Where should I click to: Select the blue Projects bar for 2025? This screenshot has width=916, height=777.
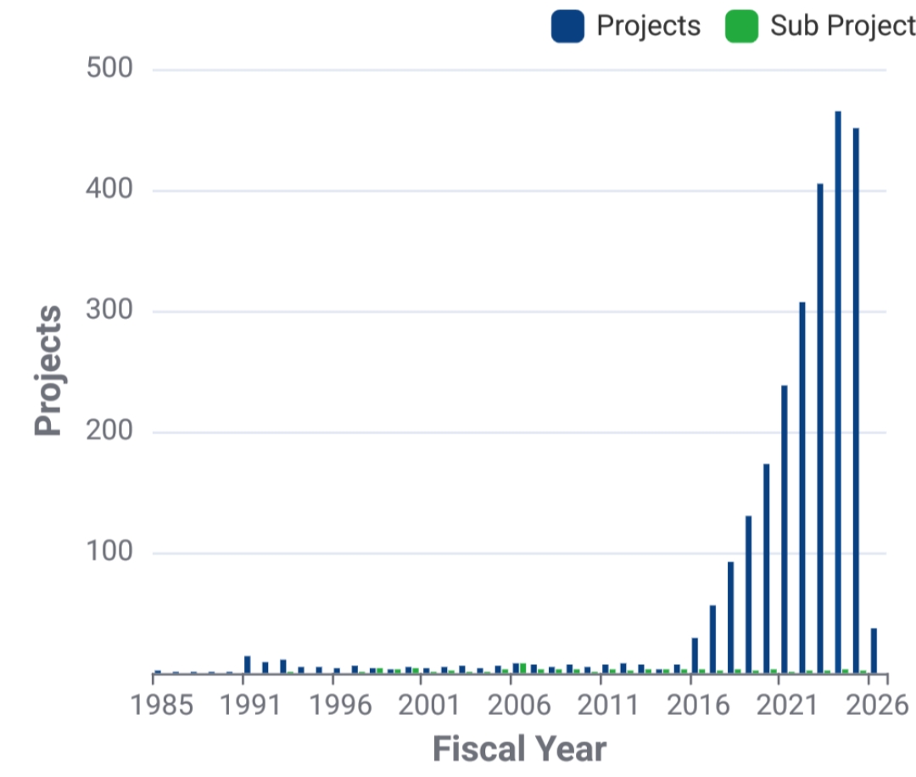tap(856, 400)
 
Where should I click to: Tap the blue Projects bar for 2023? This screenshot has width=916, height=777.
tap(820, 428)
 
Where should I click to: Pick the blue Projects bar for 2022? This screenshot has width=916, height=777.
tap(802, 488)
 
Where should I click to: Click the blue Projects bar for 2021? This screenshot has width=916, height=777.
tap(785, 529)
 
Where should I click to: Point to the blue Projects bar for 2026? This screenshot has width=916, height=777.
tap(874, 651)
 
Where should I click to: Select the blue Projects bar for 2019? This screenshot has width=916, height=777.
tap(748, 594)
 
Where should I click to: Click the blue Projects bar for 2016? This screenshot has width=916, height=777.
tap(695, 656)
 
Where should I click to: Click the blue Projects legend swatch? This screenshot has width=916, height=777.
tap(567, 26)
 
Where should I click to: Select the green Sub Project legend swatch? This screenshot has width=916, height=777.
tap(740, 26)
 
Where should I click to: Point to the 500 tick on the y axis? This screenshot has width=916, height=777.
tap(110, 69)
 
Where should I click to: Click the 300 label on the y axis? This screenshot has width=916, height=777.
tap(110, 311)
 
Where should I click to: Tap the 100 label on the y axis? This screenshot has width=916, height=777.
tap(110, 553)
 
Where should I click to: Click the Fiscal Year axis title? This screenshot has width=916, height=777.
tap(520, 749)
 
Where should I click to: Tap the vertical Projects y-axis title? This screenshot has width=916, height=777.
tap(49, 371)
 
